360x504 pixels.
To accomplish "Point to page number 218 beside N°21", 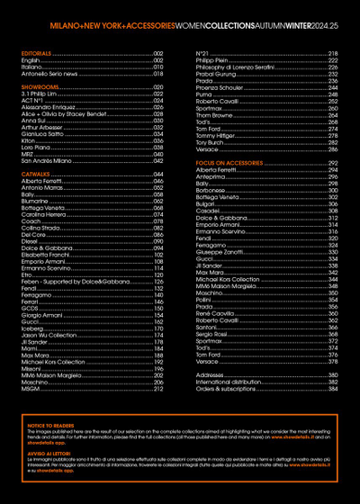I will (332, 54).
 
